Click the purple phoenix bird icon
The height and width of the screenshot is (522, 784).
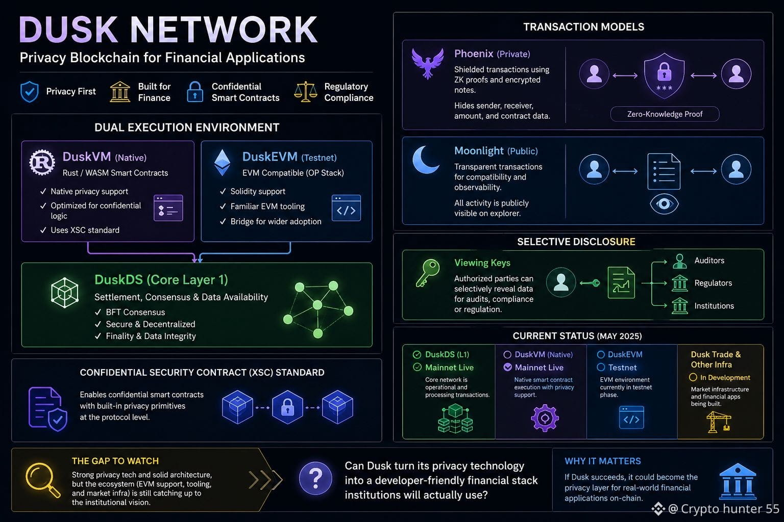[427, 63]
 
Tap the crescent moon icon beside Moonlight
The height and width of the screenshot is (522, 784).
[425, 160]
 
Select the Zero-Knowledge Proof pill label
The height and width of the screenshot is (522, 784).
[665, 114]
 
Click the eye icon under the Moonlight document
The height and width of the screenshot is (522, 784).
[664, 203]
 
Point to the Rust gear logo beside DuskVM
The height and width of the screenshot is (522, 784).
[42, 162]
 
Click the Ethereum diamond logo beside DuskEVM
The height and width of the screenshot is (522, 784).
[222, 163]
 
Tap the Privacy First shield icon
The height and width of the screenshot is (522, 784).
[30, 92]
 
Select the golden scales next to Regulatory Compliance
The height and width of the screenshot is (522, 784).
[306, 92]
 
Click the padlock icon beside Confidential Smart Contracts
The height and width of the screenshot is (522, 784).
[195, 92]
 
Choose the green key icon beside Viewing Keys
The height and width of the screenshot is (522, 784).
[428, 273]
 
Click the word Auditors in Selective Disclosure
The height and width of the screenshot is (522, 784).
[709, 260]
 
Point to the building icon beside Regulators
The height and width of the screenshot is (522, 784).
[680, 283]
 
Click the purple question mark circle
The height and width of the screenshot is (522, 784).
[315, 478]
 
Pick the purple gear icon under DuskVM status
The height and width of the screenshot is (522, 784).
[545, 418]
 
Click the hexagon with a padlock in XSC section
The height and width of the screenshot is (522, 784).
[287, 407]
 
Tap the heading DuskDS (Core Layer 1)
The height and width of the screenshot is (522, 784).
[161, 280]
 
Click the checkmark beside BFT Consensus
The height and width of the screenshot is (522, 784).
[98, 312]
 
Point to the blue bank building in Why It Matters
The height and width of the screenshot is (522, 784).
[738, 481]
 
